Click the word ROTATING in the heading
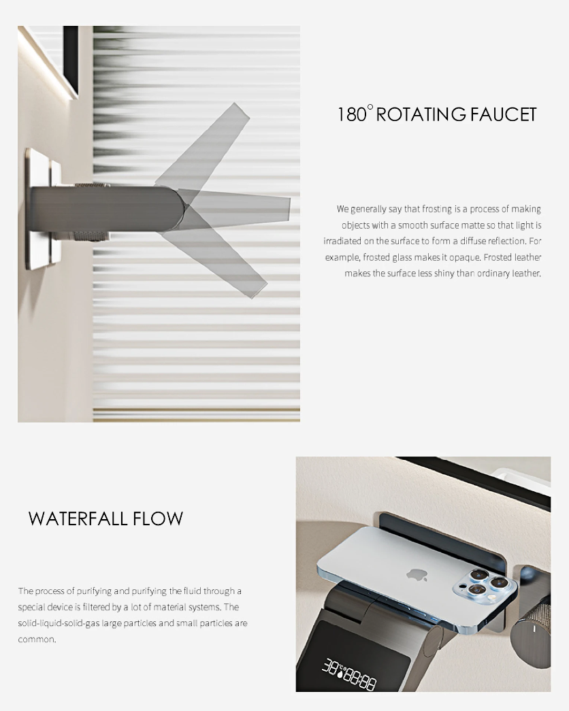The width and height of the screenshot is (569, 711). coord(421,114)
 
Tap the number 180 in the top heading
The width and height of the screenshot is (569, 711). coord(352,114)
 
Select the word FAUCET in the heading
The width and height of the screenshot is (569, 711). coord(503,114)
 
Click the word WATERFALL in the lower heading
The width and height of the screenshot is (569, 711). coord(78,518)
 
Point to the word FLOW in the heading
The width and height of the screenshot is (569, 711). coord(158,518)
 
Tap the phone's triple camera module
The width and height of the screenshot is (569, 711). coord(484,585)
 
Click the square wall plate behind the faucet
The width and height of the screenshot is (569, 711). coord(44,209)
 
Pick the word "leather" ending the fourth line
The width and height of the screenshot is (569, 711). coord(527,257)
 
